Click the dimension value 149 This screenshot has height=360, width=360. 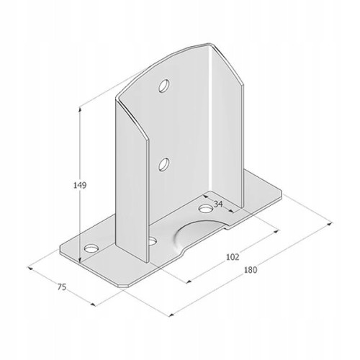pyautogui.click(x=80, y=185)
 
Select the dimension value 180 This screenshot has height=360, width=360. pyautogui.click(x=251, y=270)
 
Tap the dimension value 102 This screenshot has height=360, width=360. pyautogui.click(x=233, y=257)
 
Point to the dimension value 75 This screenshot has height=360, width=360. pyautogui.click(x=62, y=287)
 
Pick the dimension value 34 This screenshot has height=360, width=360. pyautogui.click(x=218, y=204)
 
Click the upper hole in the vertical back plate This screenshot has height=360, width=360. pyautogui.click(x=164, y=85)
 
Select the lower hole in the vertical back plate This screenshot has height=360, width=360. pyautogui.click(x=164, y=164)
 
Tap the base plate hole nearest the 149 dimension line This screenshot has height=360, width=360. pyautogui.click(x=91, y=248)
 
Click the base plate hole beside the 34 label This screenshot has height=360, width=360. pyautogui.click(x=206, y=208)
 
